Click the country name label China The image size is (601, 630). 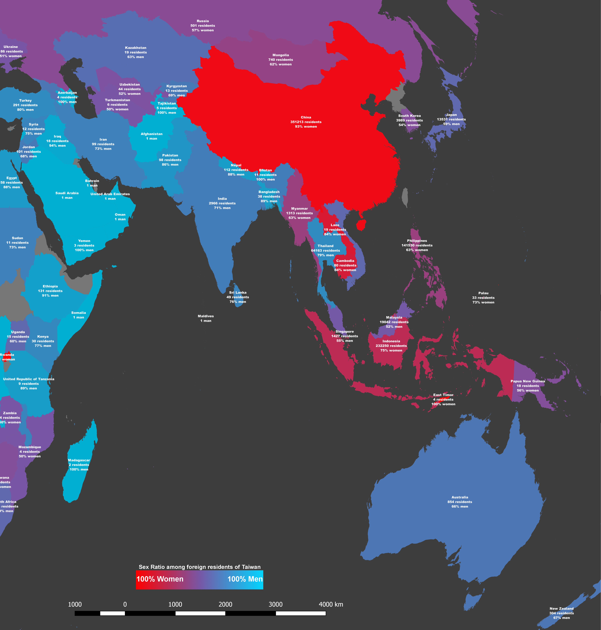point(306,117)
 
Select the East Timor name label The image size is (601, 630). point(443,395)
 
